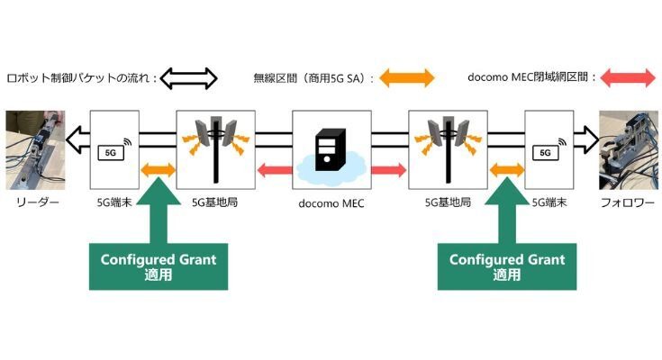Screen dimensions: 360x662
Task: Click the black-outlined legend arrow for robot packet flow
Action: (x=190, y=77)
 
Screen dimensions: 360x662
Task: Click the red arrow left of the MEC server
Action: (x=277, y=168)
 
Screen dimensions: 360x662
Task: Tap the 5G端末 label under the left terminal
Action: (x=114, y=203)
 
